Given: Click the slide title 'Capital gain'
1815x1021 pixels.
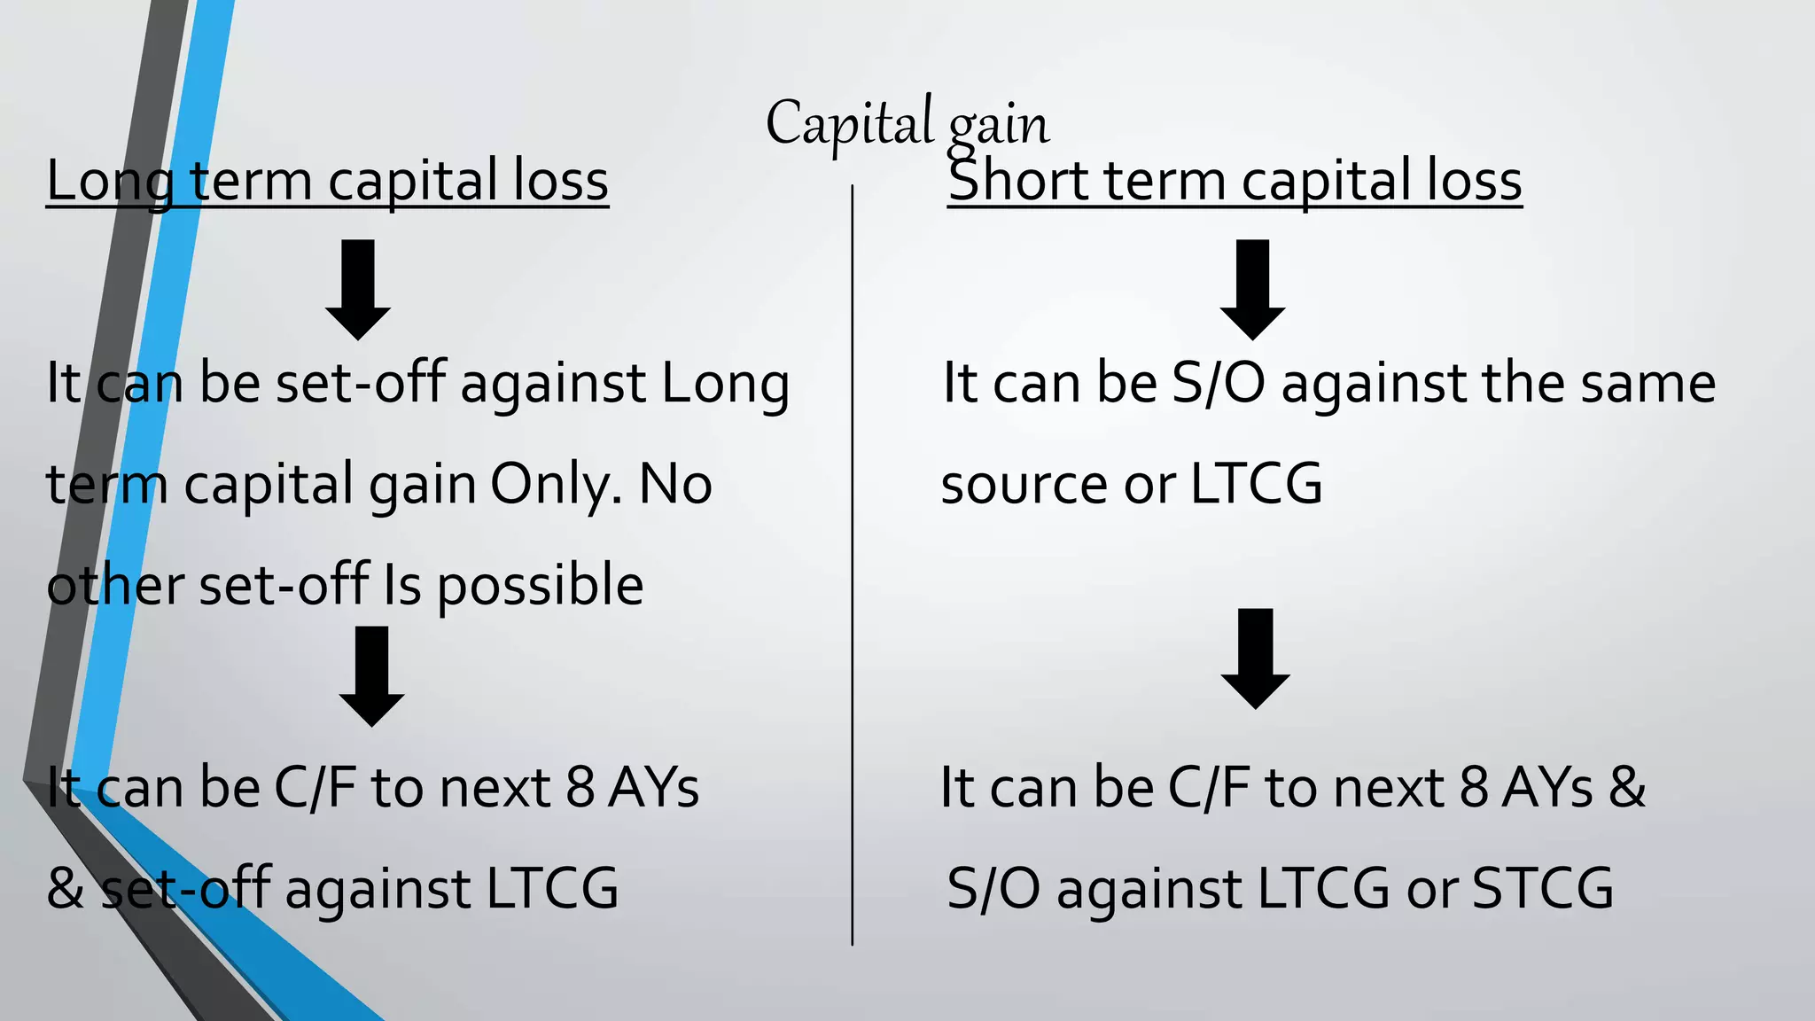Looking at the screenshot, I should tap(907, 124).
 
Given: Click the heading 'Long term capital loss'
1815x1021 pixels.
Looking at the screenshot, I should tap(327, 181).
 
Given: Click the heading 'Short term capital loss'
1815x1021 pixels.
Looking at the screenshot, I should tap(1234, 181).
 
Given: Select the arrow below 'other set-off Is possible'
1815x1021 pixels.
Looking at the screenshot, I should tap(371, 675).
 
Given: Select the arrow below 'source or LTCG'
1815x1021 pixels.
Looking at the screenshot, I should tap(1255, 658).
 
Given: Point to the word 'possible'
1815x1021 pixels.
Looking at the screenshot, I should tap(540, 587).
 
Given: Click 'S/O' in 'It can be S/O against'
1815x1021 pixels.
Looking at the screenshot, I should tap(1218, 383).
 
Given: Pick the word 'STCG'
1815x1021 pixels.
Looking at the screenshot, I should tap(1543, 889).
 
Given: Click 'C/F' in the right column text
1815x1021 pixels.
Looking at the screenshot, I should tap(1209, 787).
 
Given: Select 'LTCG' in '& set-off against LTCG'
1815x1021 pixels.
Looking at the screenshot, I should tap(552, 889).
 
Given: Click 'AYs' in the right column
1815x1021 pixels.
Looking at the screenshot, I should tap(1547, 787).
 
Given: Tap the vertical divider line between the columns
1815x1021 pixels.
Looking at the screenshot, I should tap(853, 567).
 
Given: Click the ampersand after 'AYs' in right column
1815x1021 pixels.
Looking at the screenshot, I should tap(1627, 787).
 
